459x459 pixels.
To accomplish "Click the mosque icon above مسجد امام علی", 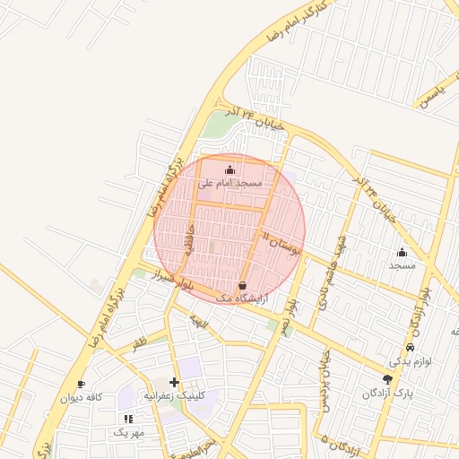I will point(230,169).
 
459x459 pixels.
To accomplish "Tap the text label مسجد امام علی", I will point(230,182).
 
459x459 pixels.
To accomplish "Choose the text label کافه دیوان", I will point(82,397).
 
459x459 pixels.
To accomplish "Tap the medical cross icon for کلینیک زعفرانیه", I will point(174,382).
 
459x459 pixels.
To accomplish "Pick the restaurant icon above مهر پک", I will point(128,418).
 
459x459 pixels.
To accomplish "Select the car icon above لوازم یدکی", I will point(411,347).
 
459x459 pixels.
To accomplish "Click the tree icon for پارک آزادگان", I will point(387,379).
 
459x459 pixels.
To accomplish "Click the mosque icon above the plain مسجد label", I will point(402,253).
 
